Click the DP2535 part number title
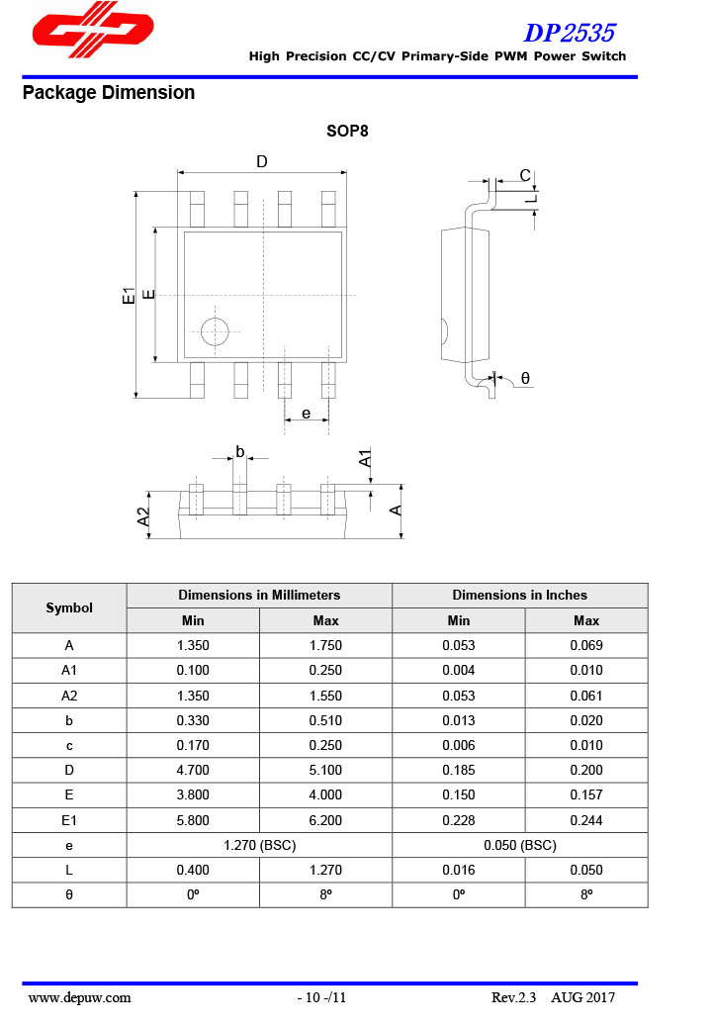click(x=569, y=33)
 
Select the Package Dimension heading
click(x=108, y=93)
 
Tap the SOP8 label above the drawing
click(x=347, y=131)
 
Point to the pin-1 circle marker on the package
click(x=215, y=332)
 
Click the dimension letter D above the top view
click(x=262, y=162)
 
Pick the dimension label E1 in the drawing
click(x=128, y=295)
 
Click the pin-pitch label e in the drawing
click(x=307, y=414)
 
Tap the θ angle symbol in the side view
click(x=525, y=378)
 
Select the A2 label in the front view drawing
click(x=143, y=515)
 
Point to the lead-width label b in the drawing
click(x=240, y=452)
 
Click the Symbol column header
click(x=69, y=607)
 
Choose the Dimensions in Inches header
click(x=519, y=595)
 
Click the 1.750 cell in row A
click(x=325, y=646)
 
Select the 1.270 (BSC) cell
click(x=259, y=845)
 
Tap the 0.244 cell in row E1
click(x=586, y=820)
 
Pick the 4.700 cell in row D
click(x=193, y=770)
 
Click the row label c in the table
click(x=69, y=745)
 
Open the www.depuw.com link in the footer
click(x=80, y=997)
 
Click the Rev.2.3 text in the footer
click(x=513, y=997)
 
